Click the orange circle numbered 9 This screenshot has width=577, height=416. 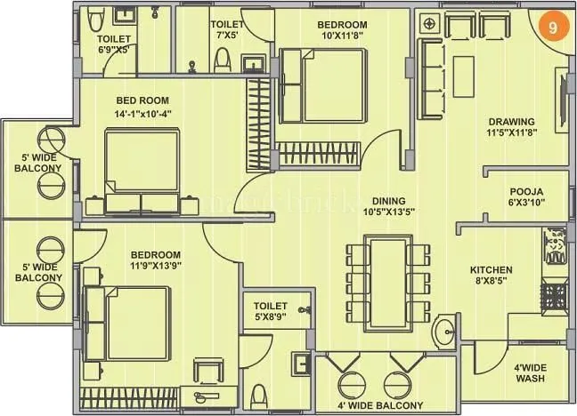click(553, 28)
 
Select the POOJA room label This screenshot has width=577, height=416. click(526, 196)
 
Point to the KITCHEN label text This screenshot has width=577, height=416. click(492, 275)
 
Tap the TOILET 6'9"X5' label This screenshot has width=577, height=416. click(114, 44)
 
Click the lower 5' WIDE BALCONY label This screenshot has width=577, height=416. click(37, 270)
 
